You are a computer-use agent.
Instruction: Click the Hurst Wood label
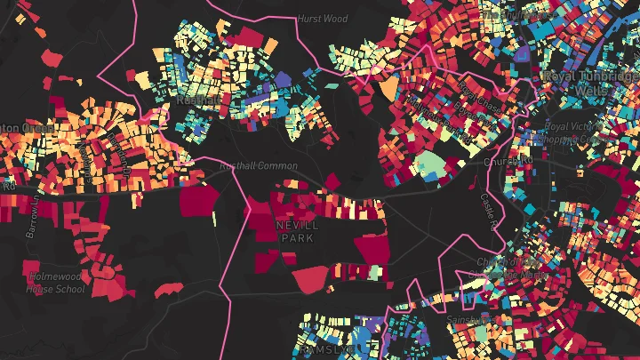pos(323,18)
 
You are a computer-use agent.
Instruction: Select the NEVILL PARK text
pos(297,232)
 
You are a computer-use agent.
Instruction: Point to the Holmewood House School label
pos(55,283)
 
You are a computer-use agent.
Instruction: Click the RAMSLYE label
pos(331,351)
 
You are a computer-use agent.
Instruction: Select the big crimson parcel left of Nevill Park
pos(199,199)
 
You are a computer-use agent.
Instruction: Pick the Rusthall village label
pos(191,100)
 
